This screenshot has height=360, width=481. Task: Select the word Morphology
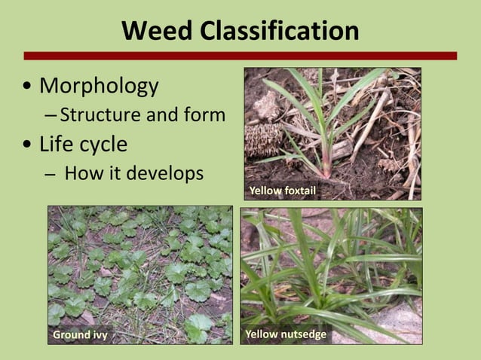(x=99, y=86)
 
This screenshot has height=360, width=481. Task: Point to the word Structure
(x=99, y=115)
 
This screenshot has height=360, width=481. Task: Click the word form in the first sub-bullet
(x=204, y=115)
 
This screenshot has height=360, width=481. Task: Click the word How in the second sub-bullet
(x=82, y=173)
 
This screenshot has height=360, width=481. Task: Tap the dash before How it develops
(x=50, y=175)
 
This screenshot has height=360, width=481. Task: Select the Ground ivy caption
(x=80, y=334)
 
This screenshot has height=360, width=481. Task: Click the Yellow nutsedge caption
(x=286, y=334)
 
